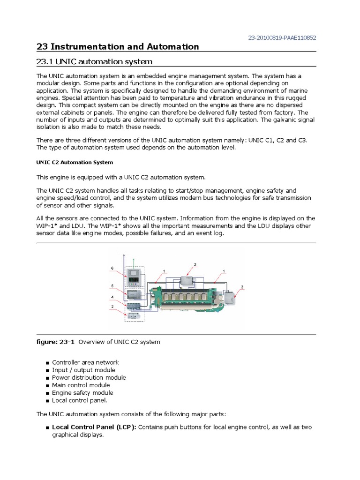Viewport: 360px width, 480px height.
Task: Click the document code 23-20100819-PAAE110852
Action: point(285,37)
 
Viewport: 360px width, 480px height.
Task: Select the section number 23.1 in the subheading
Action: point(47,62)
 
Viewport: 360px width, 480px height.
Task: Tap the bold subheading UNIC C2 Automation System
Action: point(75,163)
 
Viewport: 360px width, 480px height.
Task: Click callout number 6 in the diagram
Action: point(112,268)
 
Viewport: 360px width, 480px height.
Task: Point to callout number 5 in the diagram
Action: point(112,285)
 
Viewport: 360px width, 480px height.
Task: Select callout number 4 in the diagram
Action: point(112,297)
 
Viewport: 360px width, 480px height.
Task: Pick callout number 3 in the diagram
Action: point(112,307)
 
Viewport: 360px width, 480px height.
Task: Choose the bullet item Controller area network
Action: point(85,362)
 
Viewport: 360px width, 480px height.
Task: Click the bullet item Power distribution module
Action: point(89,377)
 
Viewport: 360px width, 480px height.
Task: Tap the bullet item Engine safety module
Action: point(82,393)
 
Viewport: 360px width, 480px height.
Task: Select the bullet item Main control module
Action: point(81,385)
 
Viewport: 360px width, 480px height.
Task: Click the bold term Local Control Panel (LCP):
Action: point(94,427)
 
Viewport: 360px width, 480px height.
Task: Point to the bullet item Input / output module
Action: point(83,370)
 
